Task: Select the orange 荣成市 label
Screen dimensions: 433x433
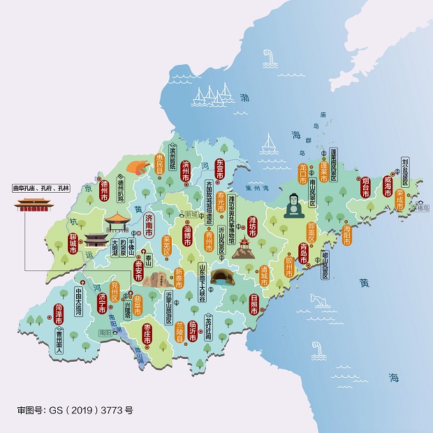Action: click(399, 200)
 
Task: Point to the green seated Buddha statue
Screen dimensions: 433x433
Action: click(293, 206)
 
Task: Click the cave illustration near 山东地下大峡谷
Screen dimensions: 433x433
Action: click(222, 276)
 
